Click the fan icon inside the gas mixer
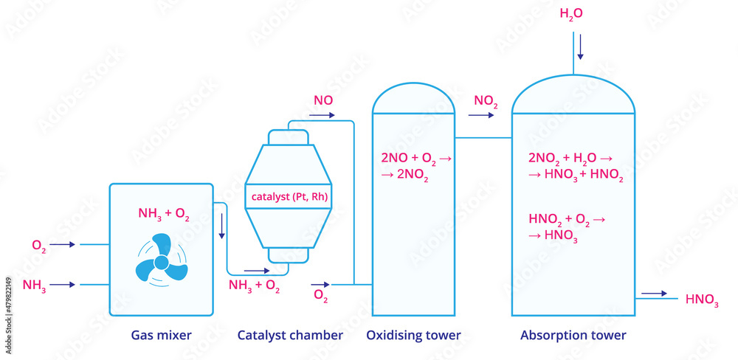point(161,263)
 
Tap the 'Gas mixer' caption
point(161,336)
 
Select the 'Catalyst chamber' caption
point(290,336)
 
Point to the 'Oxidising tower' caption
point(413,336)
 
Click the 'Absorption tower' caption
point(573,336)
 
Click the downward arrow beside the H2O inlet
point(580,47)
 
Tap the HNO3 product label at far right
point(701,300)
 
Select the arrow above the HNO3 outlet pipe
point(654,294)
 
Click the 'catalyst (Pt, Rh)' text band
point(289,197)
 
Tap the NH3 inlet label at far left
point(35,285)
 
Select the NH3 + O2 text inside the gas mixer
point(164,214)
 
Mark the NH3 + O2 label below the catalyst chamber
point(254,287)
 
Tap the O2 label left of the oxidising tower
point(321,297)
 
